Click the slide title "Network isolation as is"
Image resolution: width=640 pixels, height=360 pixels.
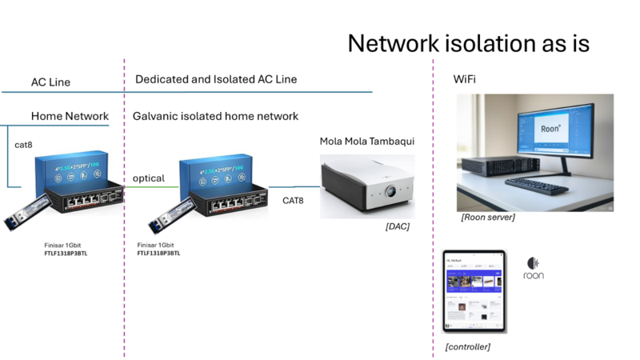click(x=468, y=43)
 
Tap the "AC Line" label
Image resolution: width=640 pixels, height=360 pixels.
click(x=50, y=82)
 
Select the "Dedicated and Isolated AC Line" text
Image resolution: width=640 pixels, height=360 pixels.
click(x=216, y=79)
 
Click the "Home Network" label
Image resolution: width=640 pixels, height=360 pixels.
click(x=70, y=116)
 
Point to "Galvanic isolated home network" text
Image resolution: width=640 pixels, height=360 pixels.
click(x=215, y=116)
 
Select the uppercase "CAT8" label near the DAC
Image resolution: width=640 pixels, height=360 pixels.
click(x=293, y=201)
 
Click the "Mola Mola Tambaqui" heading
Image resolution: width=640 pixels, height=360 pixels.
click(x=367, y=142)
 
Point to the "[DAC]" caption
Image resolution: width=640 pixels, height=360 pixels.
click(x=397, y=226)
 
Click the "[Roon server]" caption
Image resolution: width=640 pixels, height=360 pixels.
click(x=488, y=217)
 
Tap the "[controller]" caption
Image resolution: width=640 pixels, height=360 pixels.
click(x=467, y=346)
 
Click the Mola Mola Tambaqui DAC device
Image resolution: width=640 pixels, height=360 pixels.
click(x=367, y=186)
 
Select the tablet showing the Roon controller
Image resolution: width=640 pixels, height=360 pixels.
click(x=474, y=290)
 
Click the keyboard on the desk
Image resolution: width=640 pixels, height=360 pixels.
click(x=537, y=183)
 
